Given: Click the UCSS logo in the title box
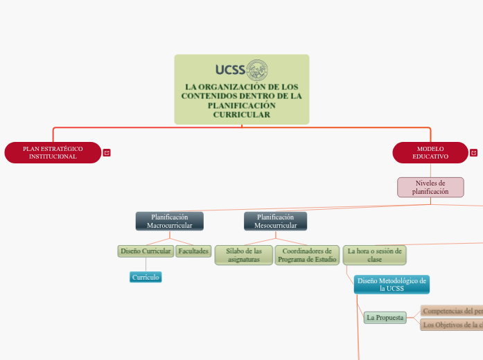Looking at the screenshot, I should click(x=241, y=69).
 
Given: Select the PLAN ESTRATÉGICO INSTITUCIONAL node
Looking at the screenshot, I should click(x=53, y=152).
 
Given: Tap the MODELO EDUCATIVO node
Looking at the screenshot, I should click(x=430, y=152).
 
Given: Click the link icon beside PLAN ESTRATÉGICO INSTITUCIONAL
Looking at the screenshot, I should click(x=107, y=153).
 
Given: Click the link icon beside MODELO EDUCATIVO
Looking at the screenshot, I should click(x=473, y=153).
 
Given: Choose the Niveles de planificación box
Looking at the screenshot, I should click(x=430, y=187).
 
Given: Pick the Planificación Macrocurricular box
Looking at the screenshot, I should click(x=170, y=221).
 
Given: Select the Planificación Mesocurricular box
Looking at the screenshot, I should click(x=276, y=221).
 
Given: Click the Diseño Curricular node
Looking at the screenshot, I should click(x=146, y=251).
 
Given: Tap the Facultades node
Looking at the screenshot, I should click(x=193, y=251).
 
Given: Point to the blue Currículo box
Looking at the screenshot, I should click(x=146, y=277).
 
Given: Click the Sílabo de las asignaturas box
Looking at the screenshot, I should click(x=243, y=255).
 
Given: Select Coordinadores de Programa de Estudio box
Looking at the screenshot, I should click(x=306, y=255).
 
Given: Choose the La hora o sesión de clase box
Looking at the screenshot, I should click(x=374, y=255).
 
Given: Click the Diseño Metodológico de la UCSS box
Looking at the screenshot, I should click(x=392, y=284).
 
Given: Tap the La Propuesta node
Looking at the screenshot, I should click(x=385, y=317).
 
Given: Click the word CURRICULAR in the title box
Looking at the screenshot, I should click(x=241, y=114).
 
